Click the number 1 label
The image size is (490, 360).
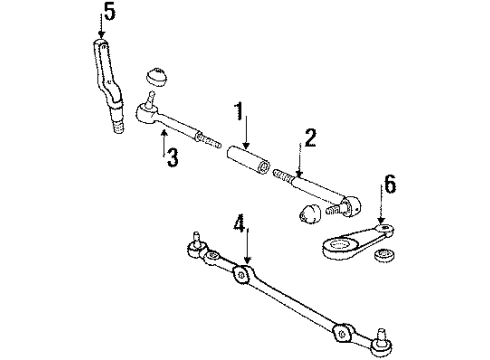click(x=241, y=109)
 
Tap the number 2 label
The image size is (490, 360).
click(x=311, y=136)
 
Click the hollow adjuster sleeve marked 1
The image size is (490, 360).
click(x=244, y=159)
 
